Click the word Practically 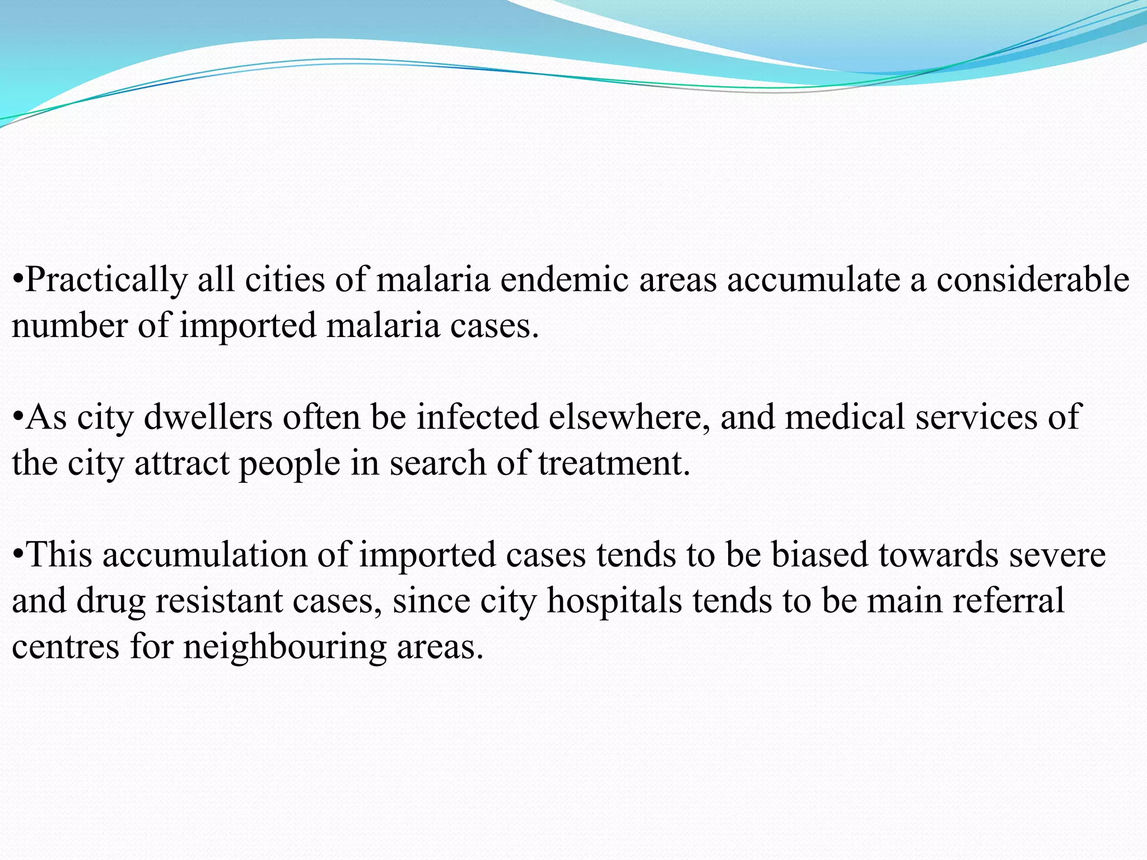[x=106, y=281]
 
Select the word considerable [x=1033, y=279]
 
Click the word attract [x=182, y=464]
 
